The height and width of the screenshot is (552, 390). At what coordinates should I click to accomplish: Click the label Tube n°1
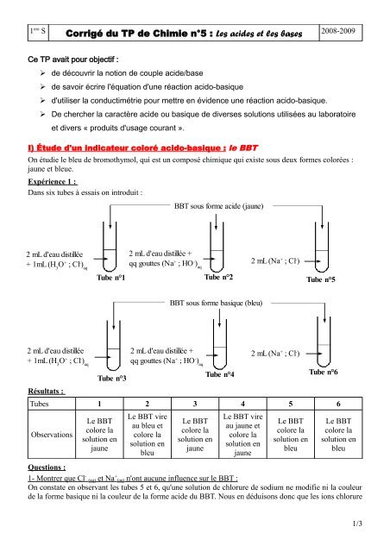(113, 278)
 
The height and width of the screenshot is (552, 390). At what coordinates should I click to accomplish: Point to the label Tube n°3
(113, 379)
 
